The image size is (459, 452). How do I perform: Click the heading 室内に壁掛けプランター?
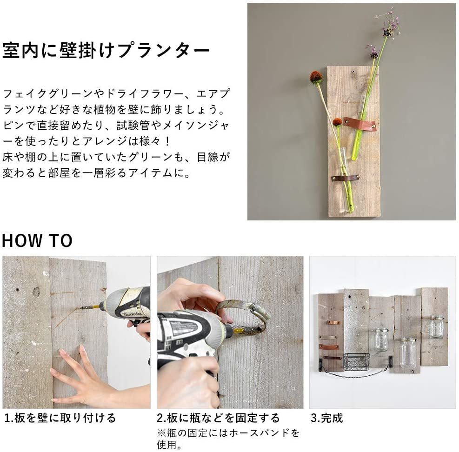point(106,51)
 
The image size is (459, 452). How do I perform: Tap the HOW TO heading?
point(37,240)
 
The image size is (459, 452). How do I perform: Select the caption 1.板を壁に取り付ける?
point(60,418)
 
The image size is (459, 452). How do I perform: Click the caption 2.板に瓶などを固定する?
point(218,418)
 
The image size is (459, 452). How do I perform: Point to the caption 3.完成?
point(326,418)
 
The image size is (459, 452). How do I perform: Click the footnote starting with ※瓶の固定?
point(228,439)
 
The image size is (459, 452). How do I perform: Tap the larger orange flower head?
point(316,77)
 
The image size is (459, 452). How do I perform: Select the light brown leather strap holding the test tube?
point(360,124)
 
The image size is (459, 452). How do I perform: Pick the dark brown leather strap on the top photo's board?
point(346,178)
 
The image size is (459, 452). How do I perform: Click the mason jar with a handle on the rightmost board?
point(436,327)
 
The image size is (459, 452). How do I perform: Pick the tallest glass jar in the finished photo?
point(408,353)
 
